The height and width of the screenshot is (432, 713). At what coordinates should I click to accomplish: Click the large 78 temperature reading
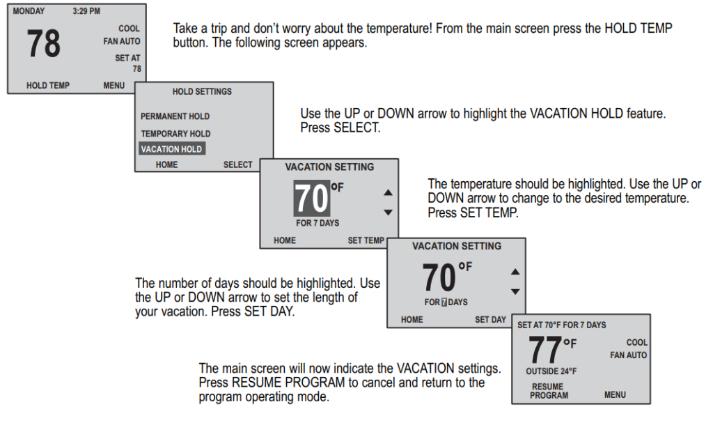pyautogui.click(x=43, y=44)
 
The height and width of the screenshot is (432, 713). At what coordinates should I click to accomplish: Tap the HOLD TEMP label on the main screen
pyautogui.click(x=48, y=86)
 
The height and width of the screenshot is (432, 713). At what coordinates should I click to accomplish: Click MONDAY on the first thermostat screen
pyautogui.click(x=29, y=11)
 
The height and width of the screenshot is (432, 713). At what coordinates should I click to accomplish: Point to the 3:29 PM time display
pyautogui.click(x=86, y=11)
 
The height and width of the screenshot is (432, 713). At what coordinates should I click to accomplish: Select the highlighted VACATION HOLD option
pyautogui.click(x=171, y=149)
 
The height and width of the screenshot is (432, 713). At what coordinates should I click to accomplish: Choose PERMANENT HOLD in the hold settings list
pyautogui.click(x=175, y=116)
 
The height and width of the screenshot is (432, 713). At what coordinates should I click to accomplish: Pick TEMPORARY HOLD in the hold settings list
pyautogui.click(x=175, y=133)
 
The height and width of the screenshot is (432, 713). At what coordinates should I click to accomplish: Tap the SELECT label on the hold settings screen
pyautogui.click(x=237, y=165)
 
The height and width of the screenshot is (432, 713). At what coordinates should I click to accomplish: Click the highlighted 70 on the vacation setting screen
pyautogui.click(x=311, y=199)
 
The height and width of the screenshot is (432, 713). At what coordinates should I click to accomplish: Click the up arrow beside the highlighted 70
pyautogui.click(x=389, y=193)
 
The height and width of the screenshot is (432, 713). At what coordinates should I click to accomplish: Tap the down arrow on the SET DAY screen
pyautogui.click(x=515, y=291)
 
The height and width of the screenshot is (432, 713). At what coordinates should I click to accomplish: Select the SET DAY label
pyautogui.click(x=490, y=320)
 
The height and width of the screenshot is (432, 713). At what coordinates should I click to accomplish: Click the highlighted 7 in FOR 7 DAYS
pyautogui.click(x=444, y=302)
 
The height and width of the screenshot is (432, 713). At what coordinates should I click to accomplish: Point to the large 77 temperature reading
pyautogui.click(x=544, y=350)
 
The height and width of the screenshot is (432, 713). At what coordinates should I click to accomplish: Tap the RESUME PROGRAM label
pyautogui.click(x=549, y=391)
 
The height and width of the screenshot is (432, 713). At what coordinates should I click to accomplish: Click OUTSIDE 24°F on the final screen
pyautogui.click(x=551, y=371)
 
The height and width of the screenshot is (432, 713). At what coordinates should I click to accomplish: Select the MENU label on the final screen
pyautogui.click(x=615, y=395)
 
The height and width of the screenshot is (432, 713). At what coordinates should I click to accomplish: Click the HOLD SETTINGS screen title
pyautogui.click(x=202, y=91)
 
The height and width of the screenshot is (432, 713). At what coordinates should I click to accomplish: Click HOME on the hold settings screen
pyautogui.click(x=166, y=165)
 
